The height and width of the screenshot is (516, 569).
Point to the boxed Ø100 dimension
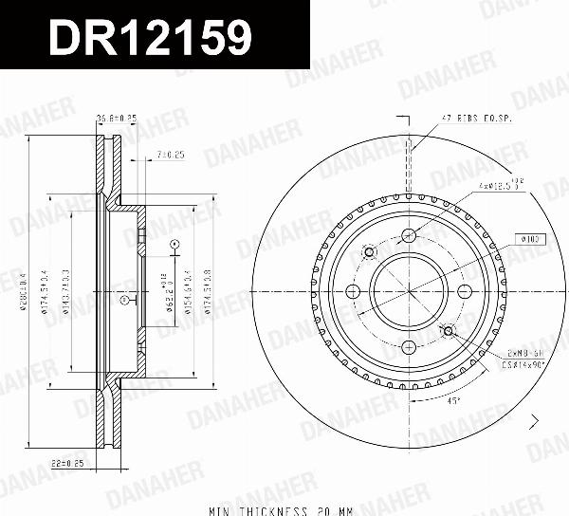click(529, 240)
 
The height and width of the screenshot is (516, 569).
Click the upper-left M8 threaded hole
click(371, 252)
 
